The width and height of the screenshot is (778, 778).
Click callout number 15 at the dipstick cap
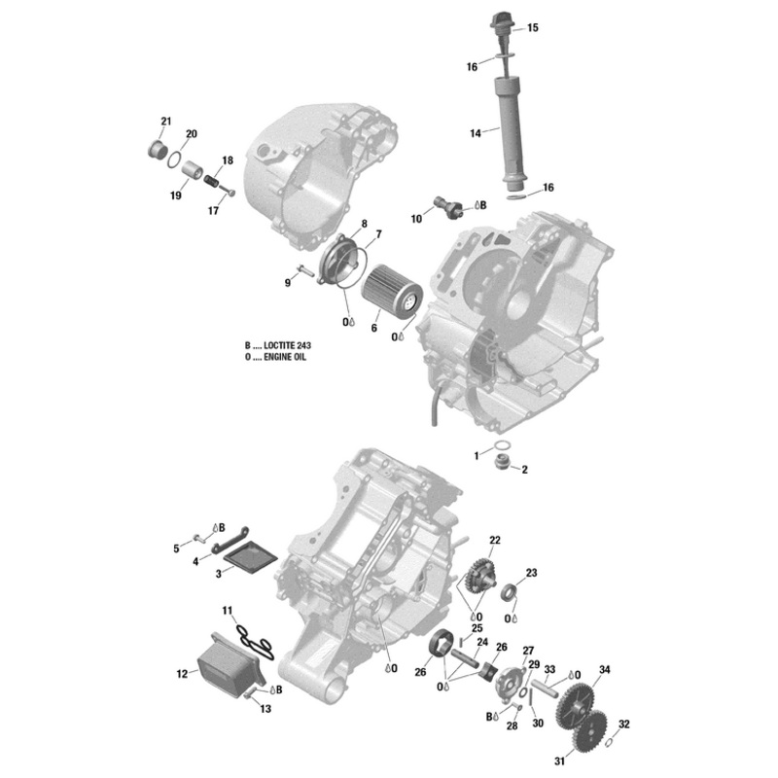coord(532,28)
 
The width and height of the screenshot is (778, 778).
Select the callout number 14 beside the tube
coord(476,133)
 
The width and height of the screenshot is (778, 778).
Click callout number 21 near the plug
coord(165,122)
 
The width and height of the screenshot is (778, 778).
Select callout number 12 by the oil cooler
coord(182,673)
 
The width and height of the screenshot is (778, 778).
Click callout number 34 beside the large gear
coord(605,670)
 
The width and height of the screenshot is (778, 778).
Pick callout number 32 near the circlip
coord(624,725)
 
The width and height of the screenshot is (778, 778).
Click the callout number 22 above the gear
coord(495,540)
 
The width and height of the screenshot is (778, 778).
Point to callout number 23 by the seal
coord(531,573)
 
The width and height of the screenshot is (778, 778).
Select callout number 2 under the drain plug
coord(524,470)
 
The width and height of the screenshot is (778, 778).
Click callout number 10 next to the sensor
coord(416,220)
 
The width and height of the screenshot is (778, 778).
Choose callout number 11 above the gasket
coord(228,611)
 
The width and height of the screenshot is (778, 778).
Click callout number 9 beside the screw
coord(288,282)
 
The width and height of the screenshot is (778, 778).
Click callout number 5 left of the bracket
coord(177,548)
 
